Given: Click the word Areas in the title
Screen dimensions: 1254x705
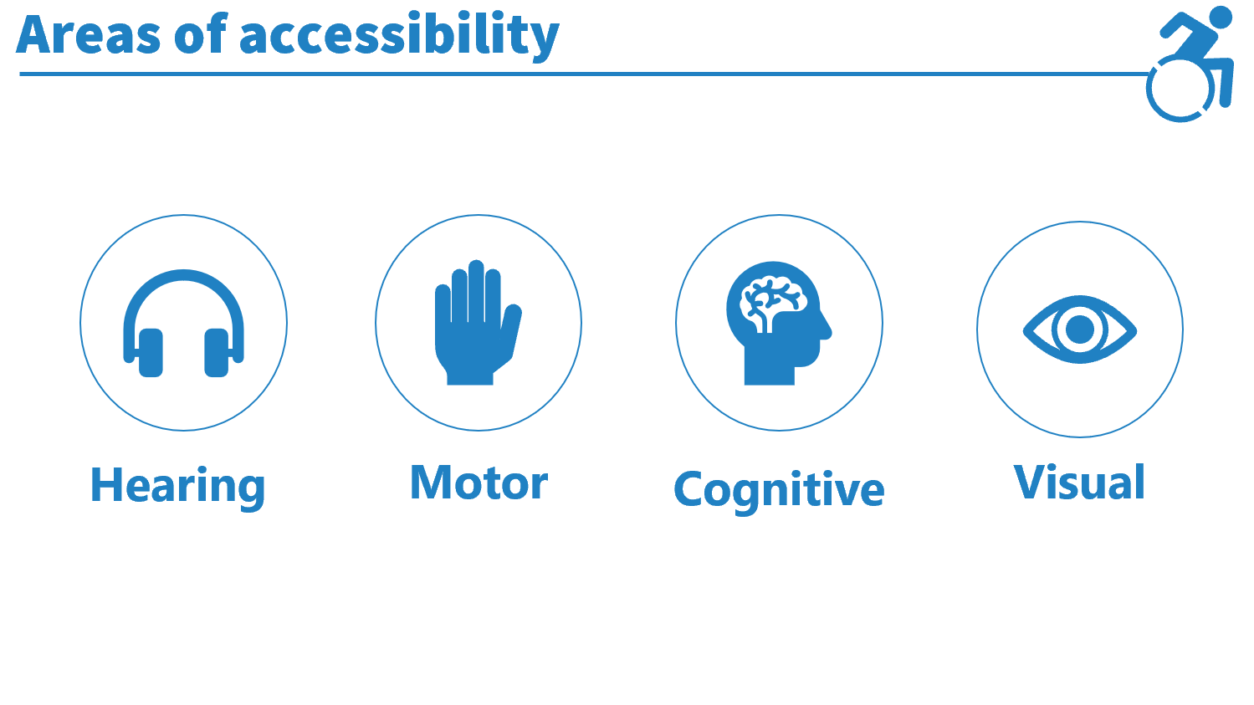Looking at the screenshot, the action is [89, 34].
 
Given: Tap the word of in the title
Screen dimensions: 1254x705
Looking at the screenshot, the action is [201, 33].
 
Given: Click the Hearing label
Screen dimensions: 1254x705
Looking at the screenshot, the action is [177, 487].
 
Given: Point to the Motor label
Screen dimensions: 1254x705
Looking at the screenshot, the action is [479, 482].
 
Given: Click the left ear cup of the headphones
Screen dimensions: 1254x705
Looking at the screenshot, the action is [150, 353].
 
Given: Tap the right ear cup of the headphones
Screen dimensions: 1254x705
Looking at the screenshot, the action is [217, 353].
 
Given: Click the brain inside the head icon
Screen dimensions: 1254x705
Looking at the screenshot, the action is [773, 302].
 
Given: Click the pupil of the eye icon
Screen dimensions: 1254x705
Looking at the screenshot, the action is [1080, 330].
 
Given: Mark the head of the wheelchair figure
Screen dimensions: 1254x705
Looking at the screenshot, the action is [1220, 17].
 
